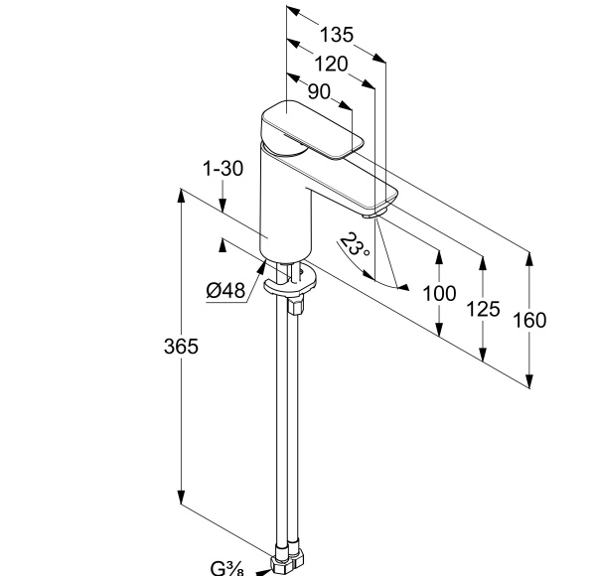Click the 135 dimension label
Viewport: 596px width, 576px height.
click(337, 35)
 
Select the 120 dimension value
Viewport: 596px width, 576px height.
click(330, 64)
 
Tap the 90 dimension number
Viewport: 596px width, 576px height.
click(319, 91)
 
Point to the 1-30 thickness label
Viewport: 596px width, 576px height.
click(223, 169)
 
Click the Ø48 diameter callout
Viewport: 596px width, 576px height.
click(225, 290)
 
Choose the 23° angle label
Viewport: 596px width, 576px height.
click(354, 246)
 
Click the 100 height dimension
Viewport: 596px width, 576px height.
click(438, 294)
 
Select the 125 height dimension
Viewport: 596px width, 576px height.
click(483, 309)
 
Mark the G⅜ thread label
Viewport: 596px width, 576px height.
click(226, 567)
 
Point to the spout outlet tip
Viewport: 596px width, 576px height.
click(374, 212)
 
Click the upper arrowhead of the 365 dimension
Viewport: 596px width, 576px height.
click(181, 195)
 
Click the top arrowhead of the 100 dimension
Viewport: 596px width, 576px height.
click(438, 254)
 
